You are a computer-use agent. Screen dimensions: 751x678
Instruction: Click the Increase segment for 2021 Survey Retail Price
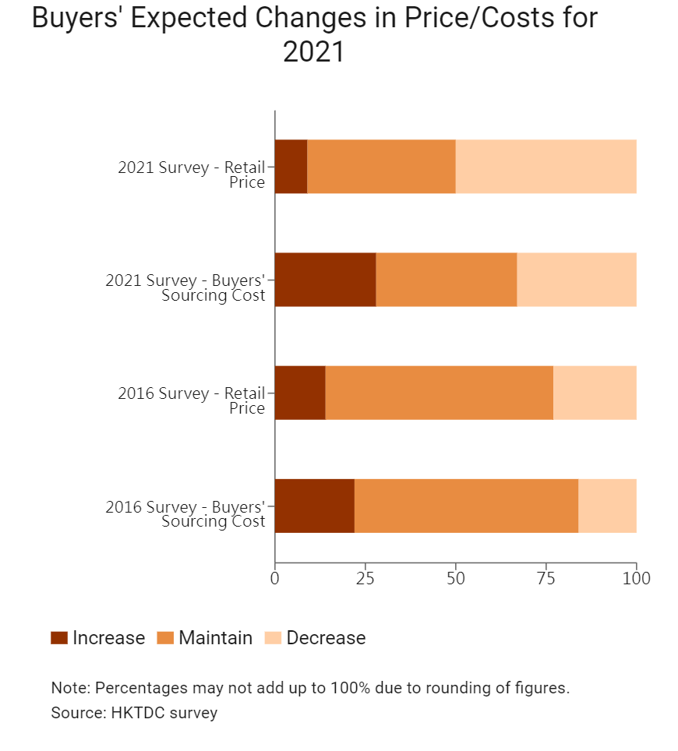tap(291, 167)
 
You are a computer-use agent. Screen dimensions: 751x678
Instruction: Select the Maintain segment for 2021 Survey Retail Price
tap(381, 167)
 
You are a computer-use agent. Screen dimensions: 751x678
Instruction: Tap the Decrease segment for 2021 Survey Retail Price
tap(546, 167)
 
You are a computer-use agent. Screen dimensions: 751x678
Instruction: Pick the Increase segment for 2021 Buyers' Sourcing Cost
tap(325, 280)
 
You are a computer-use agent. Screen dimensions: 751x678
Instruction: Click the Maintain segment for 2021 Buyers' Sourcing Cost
tap(446, 280)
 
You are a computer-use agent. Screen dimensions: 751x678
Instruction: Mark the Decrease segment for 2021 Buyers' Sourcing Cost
tap(577, 280)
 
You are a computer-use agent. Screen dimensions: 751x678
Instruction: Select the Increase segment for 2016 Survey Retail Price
tap(300, 393)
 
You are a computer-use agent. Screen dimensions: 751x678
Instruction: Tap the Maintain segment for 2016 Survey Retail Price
tap(439, 393)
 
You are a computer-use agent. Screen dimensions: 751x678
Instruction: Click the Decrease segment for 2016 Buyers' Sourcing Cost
tap(607, 506)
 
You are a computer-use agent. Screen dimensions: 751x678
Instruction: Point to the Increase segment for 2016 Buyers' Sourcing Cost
tap(314, 506)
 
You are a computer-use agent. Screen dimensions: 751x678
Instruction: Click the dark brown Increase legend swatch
tap(59, 638)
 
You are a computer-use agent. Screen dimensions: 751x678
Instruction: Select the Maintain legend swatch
tap(165, 638)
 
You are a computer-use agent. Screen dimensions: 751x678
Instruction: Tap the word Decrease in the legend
tap(326, 638)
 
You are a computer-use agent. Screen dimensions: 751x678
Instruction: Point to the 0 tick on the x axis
tap(275, 578)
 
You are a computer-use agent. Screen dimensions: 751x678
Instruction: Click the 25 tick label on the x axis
tap(365, 578)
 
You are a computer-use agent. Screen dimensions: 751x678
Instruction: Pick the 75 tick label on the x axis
tap(546, 578)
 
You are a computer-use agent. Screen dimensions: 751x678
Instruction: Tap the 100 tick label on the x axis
tap(637, 578)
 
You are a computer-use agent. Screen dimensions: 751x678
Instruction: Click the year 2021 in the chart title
tap(313, 53)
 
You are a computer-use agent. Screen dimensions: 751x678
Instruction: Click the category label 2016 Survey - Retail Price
tap(192, 400)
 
